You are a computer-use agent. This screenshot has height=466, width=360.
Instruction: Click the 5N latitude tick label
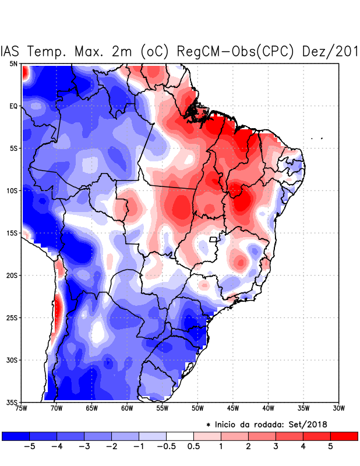point(13,63)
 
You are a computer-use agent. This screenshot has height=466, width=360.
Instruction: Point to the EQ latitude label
point(13,106)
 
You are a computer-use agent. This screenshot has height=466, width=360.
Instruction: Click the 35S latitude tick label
point(12,402)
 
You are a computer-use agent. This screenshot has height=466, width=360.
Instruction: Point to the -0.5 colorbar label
point(166,447)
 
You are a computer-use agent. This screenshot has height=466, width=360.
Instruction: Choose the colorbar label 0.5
point(194,447)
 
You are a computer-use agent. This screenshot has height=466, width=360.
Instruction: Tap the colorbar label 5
point(330,447)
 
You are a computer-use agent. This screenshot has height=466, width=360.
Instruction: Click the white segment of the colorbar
point(180,436)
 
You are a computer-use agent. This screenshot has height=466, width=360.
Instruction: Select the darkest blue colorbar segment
point(16,436)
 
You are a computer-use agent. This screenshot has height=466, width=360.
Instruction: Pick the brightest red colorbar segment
point(344,436)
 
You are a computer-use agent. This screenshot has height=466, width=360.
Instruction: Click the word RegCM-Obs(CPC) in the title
point(234,51)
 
